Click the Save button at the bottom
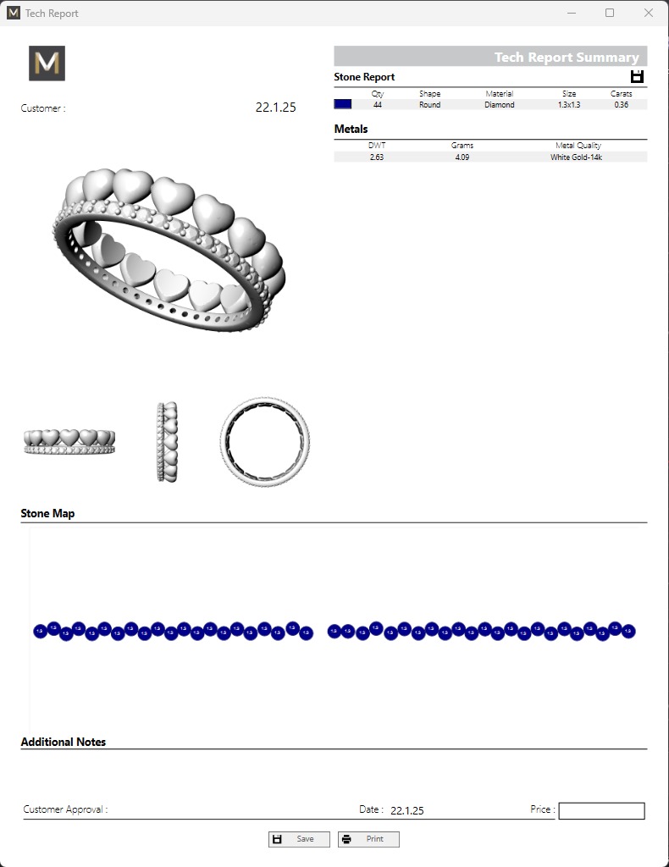pos(299,839)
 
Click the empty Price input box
pos(601,811)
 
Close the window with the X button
pos(649,14)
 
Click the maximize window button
pos(610,14)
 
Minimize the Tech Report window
pos(571,14)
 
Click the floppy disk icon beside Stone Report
pos(637,77)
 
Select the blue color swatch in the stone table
pos(343,104)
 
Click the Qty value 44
pos(378,105)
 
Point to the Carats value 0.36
pos(621,105)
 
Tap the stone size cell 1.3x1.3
pos(569,105)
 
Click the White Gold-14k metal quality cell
pos(576,157)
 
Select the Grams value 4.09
pos(462,157)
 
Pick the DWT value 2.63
pos(377,157)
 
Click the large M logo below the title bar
pos(47,64)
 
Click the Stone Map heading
pos(47,513)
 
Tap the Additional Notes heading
pos(64,742)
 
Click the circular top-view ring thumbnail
pos(264,440)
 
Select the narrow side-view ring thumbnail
pos(168,442)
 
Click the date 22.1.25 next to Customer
pos(275,108)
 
